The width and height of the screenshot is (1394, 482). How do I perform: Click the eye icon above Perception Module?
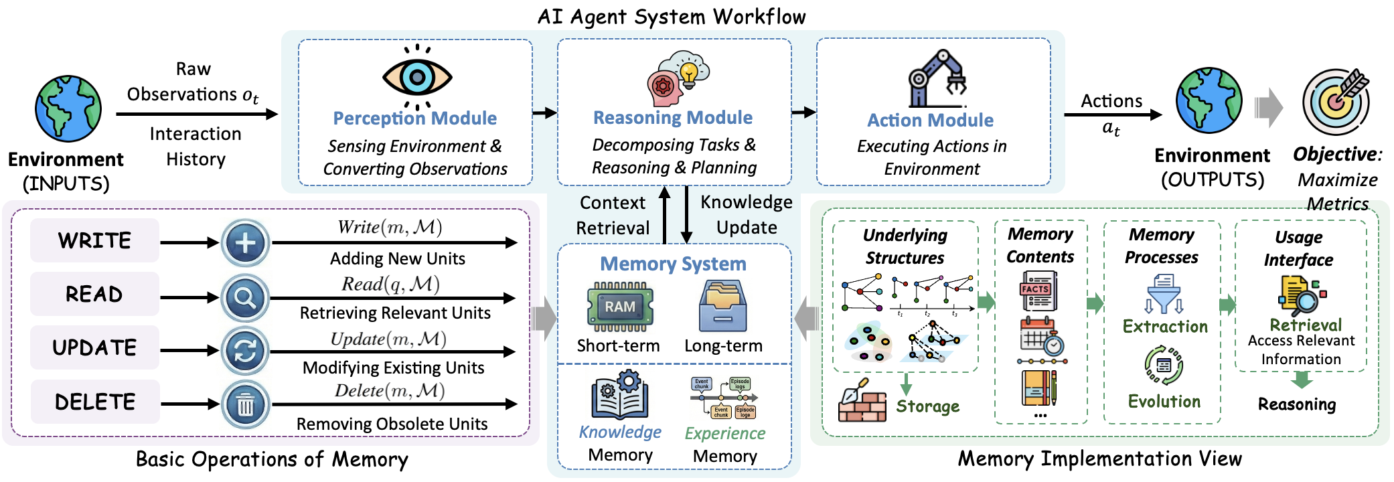click(417, 77)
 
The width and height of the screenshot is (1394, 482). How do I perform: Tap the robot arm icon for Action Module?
click(936, 79)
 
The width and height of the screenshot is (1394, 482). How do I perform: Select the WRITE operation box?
click(94, 240)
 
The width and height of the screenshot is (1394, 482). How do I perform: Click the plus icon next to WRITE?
click(246, 242)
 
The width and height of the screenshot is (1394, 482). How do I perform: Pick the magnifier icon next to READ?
click(246, 297)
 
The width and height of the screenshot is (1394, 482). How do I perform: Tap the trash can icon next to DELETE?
click(246, 404)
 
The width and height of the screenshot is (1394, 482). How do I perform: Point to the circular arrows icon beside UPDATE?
click(246, 351)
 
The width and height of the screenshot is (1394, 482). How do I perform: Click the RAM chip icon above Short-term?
click(619, 307)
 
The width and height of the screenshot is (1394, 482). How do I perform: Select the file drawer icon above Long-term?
click(722, 306)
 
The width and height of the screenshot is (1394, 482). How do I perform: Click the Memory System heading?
click(673, 264)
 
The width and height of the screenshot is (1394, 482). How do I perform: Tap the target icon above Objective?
click(1336, 102)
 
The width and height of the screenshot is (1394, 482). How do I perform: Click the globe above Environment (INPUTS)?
click(68, 108)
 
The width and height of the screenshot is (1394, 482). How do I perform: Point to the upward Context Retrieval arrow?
click(665, 214)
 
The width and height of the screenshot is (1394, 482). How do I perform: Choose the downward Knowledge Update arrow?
click(686, 214)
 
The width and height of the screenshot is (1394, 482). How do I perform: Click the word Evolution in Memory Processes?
click(1164, 402)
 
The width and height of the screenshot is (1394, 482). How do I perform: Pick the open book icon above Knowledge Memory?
click(619, 396)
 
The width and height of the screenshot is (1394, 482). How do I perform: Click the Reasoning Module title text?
click(673, 118)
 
